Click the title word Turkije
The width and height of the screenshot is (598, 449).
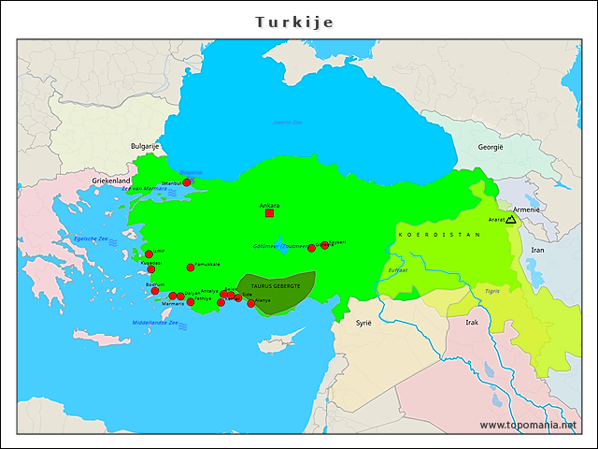(294, 22)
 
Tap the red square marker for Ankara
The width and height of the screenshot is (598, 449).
(269, 213)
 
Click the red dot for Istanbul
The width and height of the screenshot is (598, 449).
(187, 182)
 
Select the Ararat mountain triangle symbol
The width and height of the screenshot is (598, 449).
(510, 219)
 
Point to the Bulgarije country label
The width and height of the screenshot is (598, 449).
(145, 147)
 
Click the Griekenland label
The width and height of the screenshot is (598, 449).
(110, 181)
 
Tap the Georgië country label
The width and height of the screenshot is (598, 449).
(491, 147)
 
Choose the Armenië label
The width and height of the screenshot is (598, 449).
(527, 210)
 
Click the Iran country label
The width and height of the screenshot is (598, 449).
(537, 250)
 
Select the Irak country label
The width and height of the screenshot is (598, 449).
(472, 322)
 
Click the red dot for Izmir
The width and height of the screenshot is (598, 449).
(149, 254)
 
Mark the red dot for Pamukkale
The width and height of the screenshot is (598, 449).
(191, 268)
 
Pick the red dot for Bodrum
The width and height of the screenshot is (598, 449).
(155, 291)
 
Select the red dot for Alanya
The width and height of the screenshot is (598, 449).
(250, 303)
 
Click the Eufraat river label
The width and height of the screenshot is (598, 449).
(398, 269)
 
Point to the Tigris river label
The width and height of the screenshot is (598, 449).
(491, 291)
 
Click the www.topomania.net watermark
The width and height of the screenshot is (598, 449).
(528, 425)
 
